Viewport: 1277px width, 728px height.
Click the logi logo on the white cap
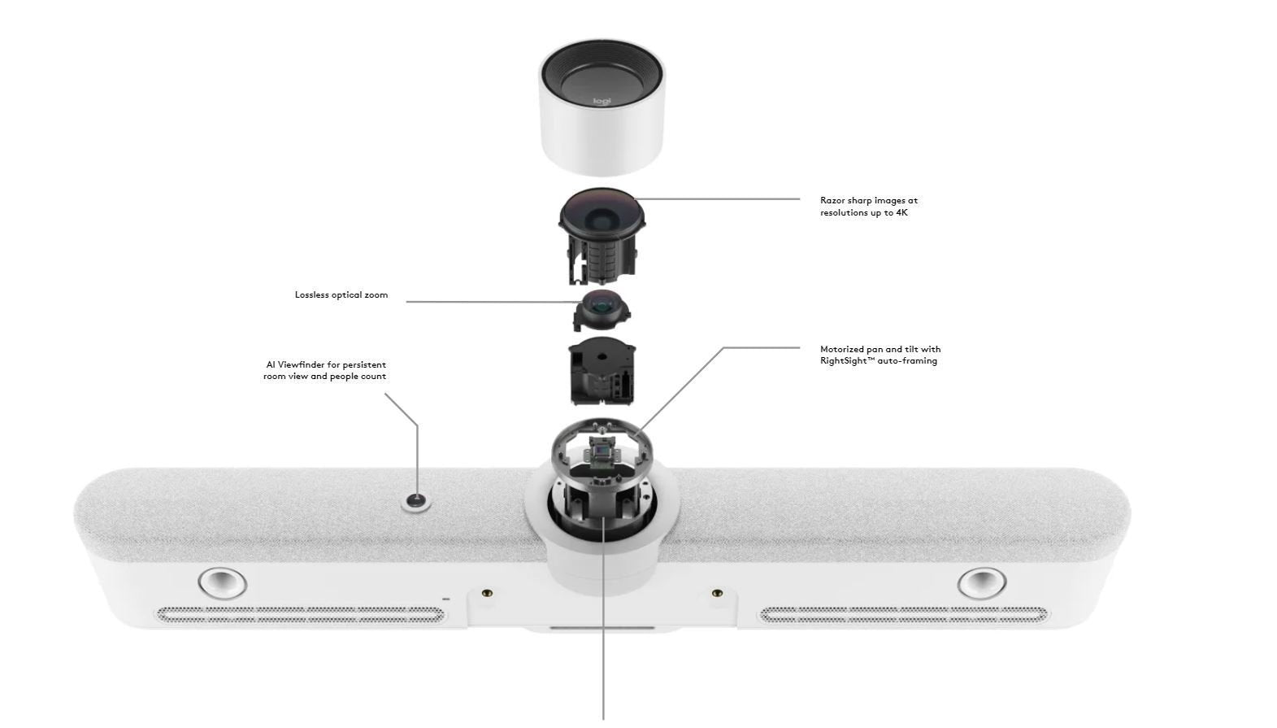[602, 102]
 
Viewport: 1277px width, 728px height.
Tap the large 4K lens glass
[602, 214]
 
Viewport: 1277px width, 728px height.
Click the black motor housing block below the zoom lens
[602, 371]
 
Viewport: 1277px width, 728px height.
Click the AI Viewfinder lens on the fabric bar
[416, 503]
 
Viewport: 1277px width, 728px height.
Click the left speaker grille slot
[301, 615]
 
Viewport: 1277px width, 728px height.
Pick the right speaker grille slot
[903, 615]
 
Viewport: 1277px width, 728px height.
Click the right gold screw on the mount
[718, 593]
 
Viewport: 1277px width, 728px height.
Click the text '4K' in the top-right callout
[901, 213]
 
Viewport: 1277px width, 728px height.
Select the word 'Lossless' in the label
[312, 295]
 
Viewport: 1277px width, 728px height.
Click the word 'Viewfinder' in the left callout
[302, 364]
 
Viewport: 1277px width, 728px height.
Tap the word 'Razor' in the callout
[832, 201]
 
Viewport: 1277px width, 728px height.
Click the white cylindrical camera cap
[602, 107]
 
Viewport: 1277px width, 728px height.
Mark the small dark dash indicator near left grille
[445, 599]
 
